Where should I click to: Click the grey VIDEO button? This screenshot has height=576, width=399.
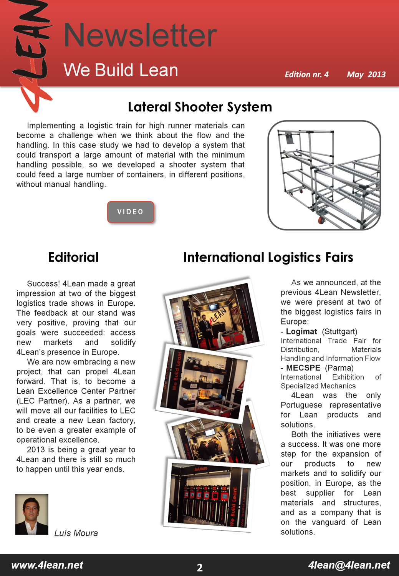click(131, 212)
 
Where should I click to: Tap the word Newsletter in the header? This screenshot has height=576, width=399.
click(140, 35)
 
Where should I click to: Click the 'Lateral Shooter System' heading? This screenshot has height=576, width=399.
click(200, 107)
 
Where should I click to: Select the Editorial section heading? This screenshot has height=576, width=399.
click(73, 257)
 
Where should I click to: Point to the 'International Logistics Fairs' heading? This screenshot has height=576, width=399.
click(268, 257)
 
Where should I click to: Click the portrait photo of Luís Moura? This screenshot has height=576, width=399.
click(32, 514)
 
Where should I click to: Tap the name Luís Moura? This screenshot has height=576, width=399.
click(76, 533)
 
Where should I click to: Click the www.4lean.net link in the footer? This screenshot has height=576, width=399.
click(47, 565)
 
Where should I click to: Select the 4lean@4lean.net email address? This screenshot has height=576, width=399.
click(349, 565)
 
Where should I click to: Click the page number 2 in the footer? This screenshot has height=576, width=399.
click(200, 568)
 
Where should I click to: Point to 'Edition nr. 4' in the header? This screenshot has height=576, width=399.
click(306, 74)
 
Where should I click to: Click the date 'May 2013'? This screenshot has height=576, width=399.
click(366, 74)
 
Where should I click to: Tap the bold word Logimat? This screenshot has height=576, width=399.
click(301, 331)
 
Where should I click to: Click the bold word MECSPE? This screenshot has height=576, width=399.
click(303, 368)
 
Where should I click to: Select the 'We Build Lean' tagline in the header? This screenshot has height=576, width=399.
click(121, 70)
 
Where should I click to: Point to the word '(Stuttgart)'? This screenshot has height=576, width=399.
click(339, 331)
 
